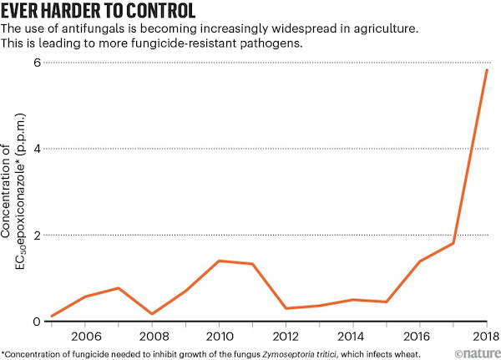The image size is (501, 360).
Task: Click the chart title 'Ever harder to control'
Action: click(x=99, y=13)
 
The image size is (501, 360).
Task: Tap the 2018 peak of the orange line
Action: click(x=487, y=69)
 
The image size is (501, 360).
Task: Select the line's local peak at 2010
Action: click(x=219, y=261)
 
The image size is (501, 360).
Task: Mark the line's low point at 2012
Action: click(x=286, y=308)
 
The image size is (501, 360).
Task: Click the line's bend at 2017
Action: click(x=453, y=243)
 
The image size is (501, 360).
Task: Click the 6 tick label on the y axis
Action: click(x=36, y=63)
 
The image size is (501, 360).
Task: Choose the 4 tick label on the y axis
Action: click(x=36, y=149)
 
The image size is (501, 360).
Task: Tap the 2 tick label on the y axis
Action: click(x=36, y=236)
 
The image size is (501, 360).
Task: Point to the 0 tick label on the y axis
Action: click(x=36, y=322)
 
